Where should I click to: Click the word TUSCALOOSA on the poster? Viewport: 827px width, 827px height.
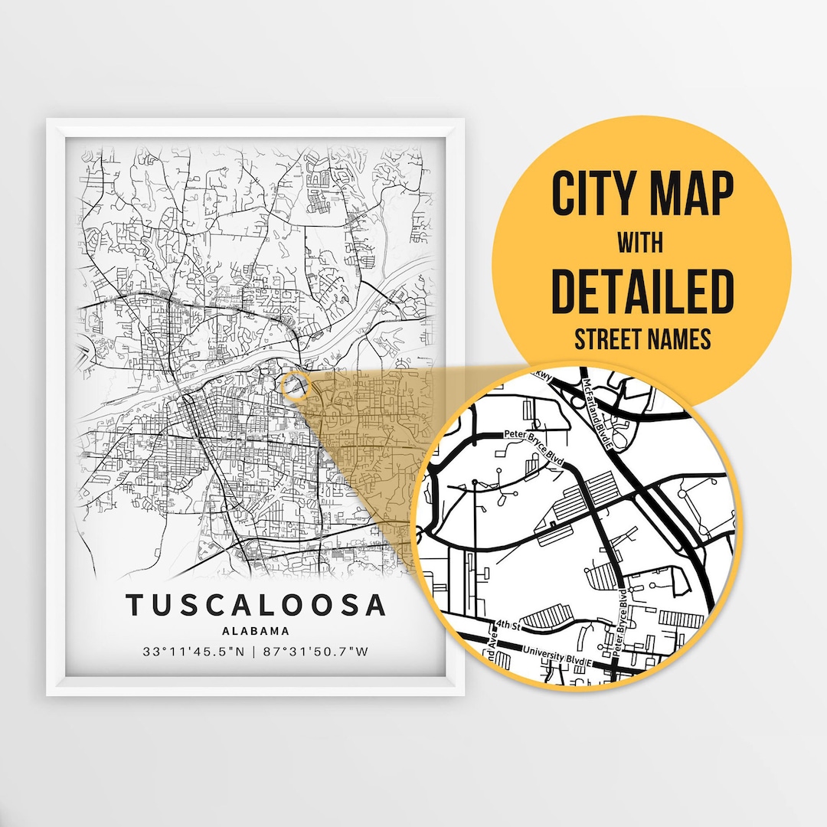tap(256, 605)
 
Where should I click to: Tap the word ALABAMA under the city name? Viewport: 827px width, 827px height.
tap(256, 632)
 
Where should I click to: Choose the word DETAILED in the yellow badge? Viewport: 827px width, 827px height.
tap(642, 291)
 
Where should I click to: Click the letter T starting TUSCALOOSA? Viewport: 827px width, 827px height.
tap(135, 605)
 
